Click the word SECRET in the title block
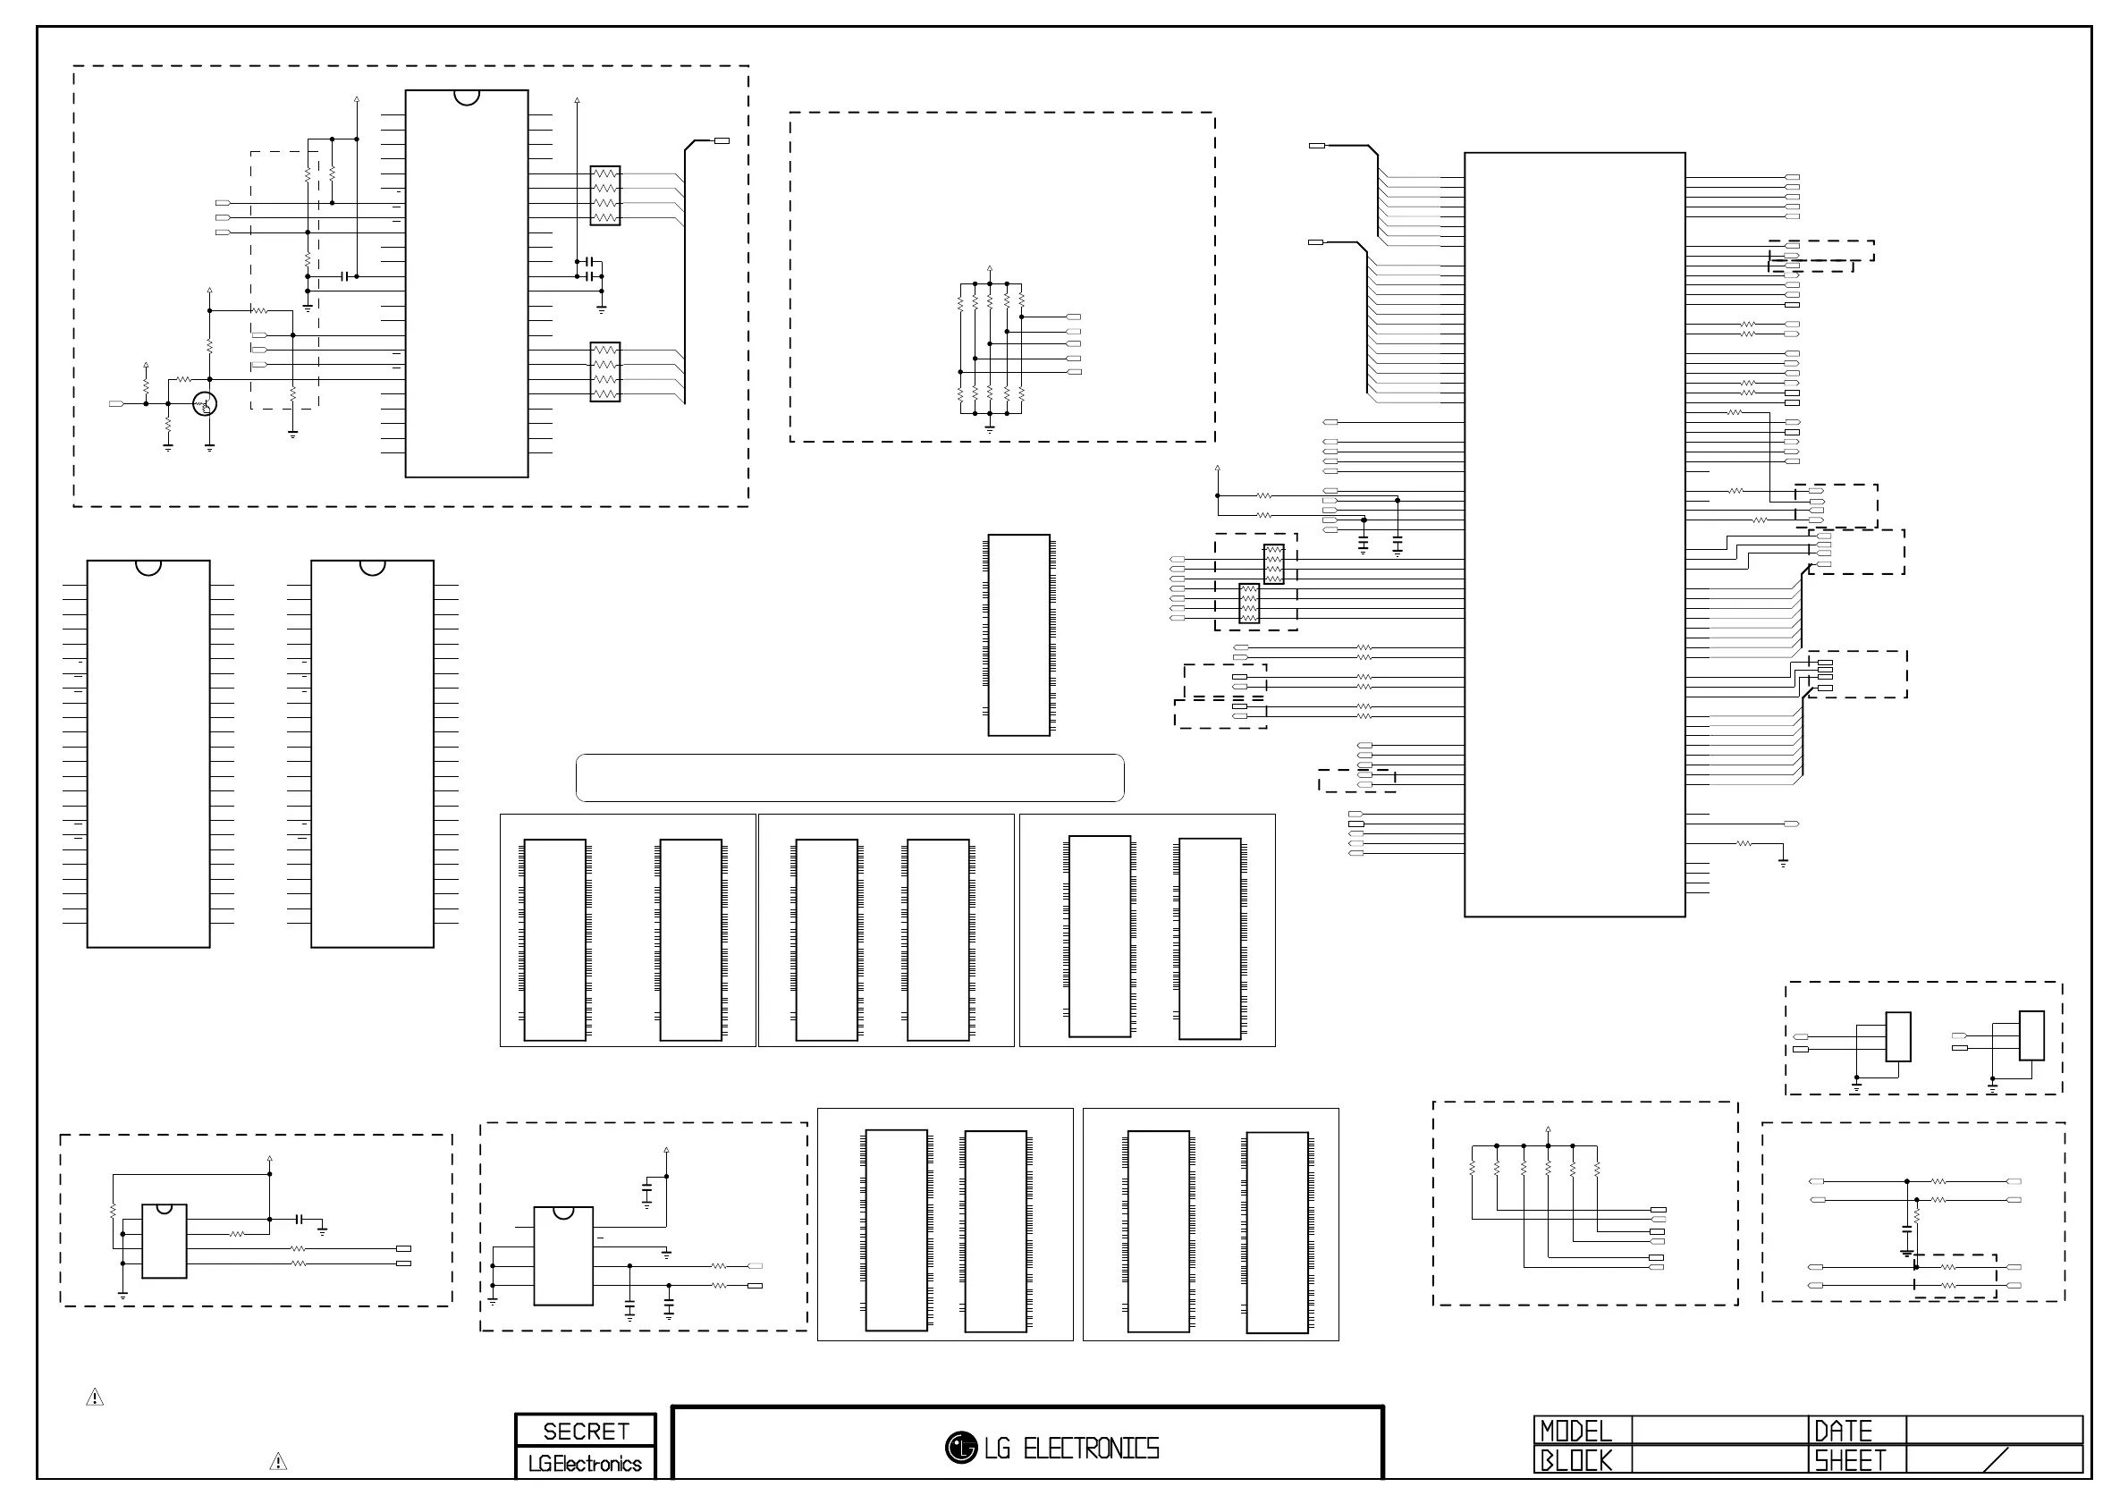point(586,1432)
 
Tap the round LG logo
point(961,1448)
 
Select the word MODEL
point(1575,1432)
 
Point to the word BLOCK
point(1575,1460)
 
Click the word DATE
point(1843,1432)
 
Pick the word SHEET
point(1850,1460)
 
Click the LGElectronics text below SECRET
point(585,1464)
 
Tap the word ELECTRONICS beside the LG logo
point(1091,1449)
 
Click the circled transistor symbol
point(205,404)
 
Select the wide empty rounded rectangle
point(850,777)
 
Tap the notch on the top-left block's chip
point(467,97)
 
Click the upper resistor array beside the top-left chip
point(605,196)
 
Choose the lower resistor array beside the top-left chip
point(605,373)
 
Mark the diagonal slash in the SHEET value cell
point(1996,1460)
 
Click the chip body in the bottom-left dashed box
point(164,1242)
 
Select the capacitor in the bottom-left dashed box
point(300,1220)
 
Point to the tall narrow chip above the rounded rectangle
point(1018,635)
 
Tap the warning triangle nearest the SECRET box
point(278,1462)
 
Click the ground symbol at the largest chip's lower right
point(1783,862)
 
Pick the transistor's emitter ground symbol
point(209,448)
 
